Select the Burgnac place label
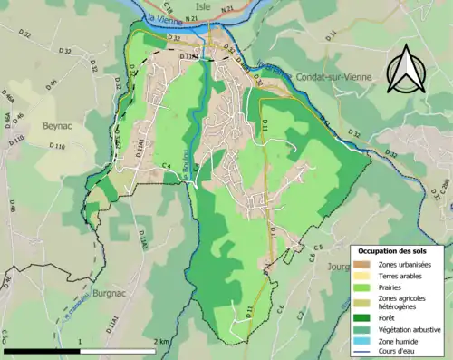pyautogui.click(x=110, y=294)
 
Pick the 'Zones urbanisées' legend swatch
pyautogui.click(x=361, y=264)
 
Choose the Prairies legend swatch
pyautogui.click(x=361, y=287)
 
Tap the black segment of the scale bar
pyautogui.click(x=42, y=350)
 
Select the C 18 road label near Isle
pyautogui.click(x=169, y=5)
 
